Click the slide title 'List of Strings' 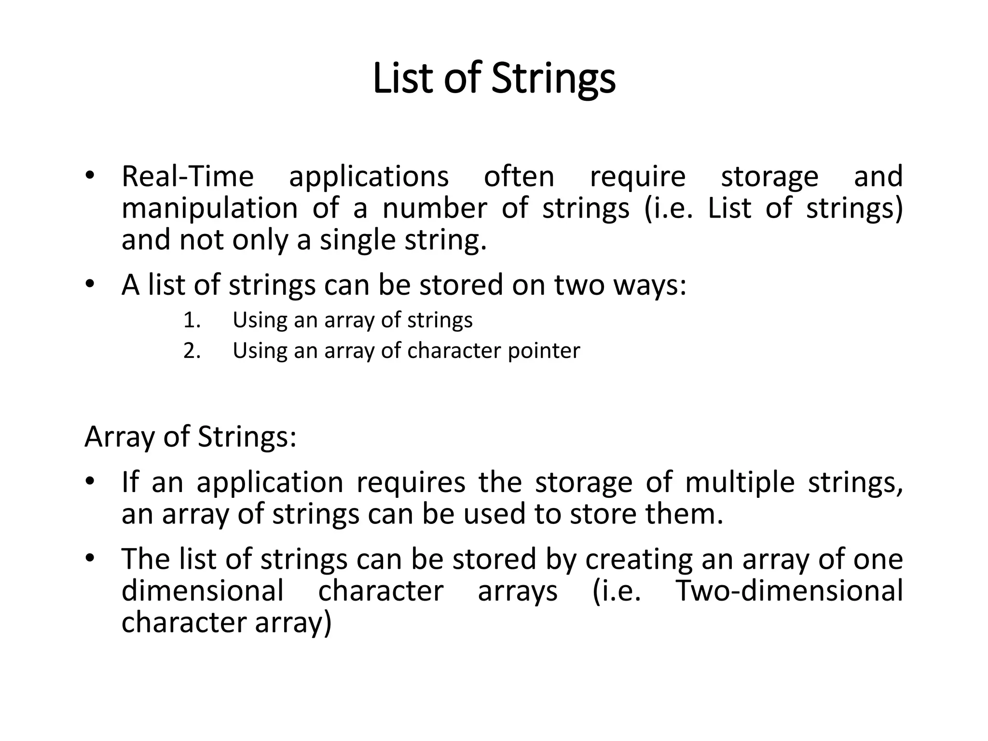tap(494, 78)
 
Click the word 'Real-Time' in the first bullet tap(187, 177)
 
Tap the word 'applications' tap(369, 178)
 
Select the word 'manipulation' tap(210, 209)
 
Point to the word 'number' tap(435, 208)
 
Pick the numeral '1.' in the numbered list tap(192, 320)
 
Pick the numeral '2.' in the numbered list tap(192, 351)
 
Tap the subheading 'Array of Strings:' tap(190, 437)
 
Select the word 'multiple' tap(740, 482)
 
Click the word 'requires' tap(411, 483)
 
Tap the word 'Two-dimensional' tap(789, 591)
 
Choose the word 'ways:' tap(649, 286)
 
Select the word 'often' tap(519, 177)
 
